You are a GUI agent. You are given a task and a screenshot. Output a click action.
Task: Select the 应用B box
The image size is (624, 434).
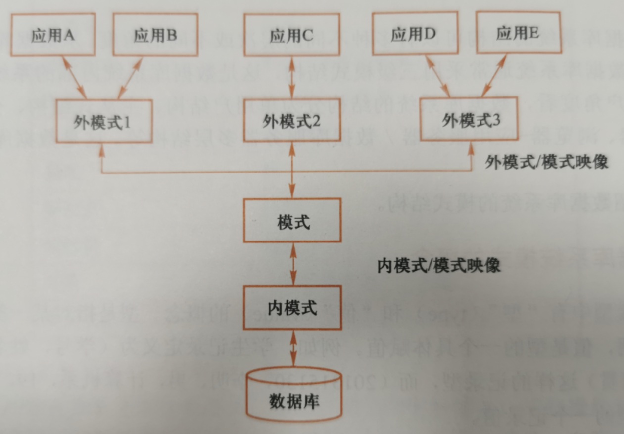point(155,36)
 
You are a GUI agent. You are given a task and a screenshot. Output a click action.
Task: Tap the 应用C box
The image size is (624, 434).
point(292,36)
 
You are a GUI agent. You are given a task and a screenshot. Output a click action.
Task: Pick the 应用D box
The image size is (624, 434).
point(413,34)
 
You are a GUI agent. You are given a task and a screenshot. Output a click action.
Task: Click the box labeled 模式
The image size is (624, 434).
point(293,223)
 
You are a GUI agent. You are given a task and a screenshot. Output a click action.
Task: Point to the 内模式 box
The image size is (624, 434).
point(292,308)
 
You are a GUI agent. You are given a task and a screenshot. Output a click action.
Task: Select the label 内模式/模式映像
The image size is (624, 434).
point(439,266)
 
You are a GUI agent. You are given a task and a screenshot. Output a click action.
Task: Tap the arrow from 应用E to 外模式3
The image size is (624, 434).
point(494,75)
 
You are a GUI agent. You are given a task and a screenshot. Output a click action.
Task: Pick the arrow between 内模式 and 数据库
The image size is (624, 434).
point(293,350)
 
